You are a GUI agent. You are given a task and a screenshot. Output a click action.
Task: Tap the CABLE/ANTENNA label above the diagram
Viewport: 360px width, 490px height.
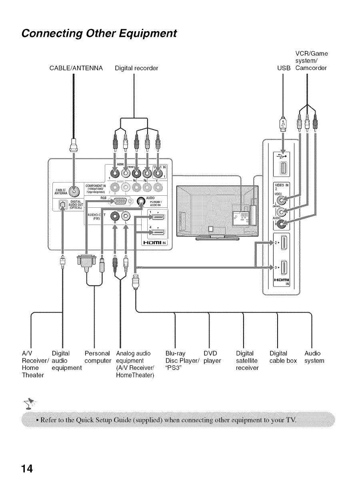click(76, 68)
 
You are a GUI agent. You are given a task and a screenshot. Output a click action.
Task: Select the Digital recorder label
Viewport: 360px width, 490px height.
click(136, 68)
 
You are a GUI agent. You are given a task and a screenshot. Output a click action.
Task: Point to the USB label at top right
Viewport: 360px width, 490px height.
click(283, 68)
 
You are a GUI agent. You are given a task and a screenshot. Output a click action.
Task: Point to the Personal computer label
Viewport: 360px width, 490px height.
click(98, 357)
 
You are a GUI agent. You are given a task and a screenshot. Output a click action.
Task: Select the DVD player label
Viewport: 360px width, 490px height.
click(212, 357)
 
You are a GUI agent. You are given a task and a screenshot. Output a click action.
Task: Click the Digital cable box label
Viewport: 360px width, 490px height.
click(283, 357)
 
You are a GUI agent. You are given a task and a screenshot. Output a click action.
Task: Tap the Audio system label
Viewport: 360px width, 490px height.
click(314, 357)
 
